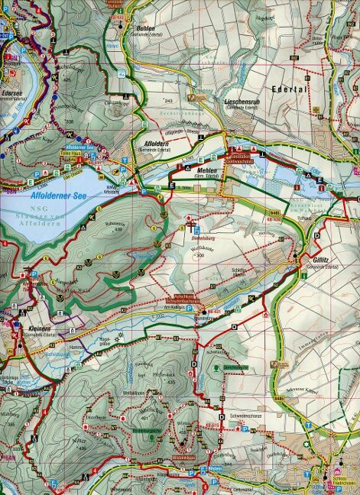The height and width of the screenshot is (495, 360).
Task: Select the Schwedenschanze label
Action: pyautogui.click(x=242, y=415)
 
